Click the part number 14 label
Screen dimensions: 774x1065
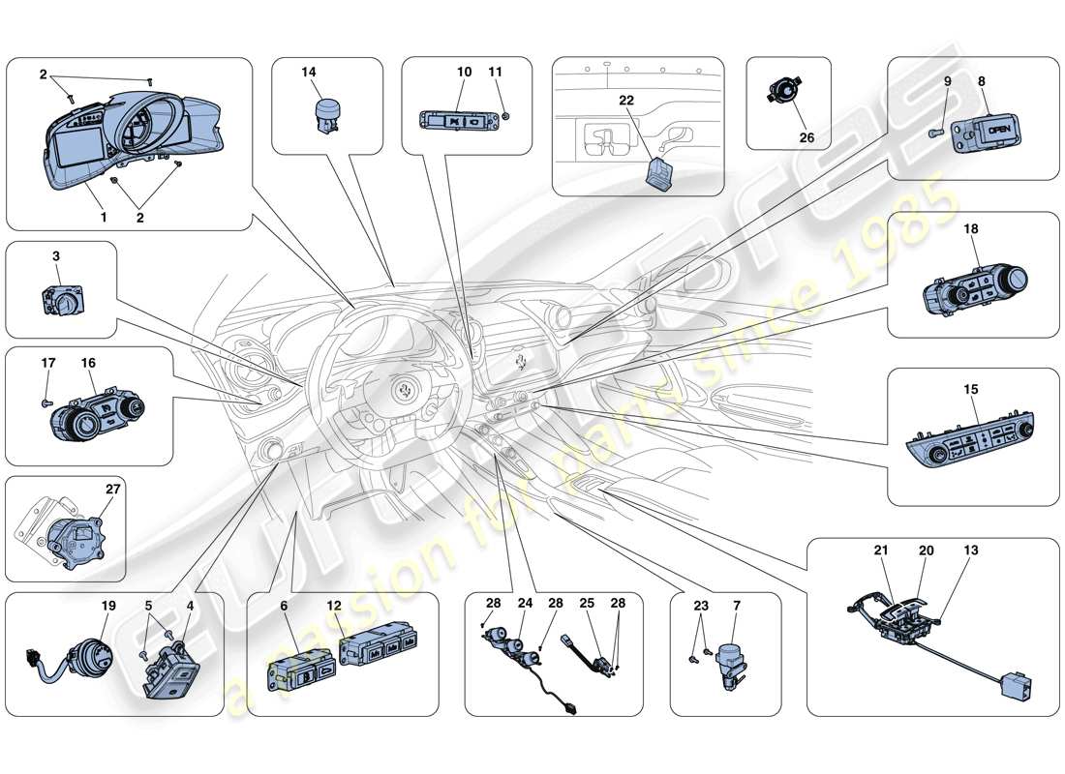tap(309, 72)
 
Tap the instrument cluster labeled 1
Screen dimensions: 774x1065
tap(126, 135)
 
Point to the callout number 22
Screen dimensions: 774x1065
tap(626, 101)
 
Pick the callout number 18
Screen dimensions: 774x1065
tap(971, 230)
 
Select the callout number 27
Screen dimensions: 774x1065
tap(113, 490)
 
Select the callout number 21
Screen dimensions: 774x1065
tap(881, 551)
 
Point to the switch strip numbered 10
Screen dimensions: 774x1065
tap(454, 121)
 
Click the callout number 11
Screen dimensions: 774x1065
tap(495, 72)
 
